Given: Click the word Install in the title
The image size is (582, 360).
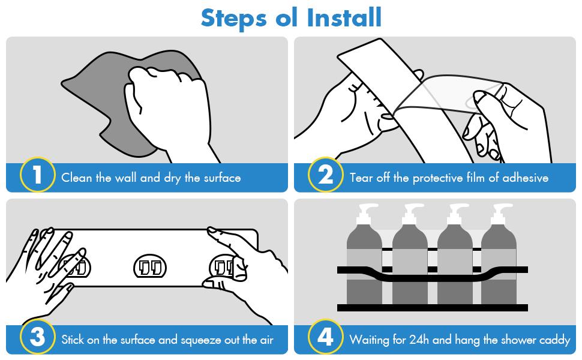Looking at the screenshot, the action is [344, 18].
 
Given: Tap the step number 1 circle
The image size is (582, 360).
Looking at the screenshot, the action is [37, 175].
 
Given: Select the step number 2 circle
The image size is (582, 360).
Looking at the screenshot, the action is [326, 175].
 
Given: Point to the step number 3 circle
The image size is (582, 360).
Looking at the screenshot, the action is [37, 337].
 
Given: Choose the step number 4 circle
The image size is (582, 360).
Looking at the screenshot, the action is [326, 337].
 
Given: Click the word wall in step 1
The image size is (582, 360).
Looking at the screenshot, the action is [125, 178].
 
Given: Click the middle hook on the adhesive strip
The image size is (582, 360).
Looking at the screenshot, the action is [150, 267].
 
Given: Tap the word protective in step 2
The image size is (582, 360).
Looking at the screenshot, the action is [437, 178].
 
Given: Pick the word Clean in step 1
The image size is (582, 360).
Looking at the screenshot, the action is [76, 178].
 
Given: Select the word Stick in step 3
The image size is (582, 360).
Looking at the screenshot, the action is [73, 340].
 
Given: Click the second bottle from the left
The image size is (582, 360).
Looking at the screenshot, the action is [410, 256].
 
